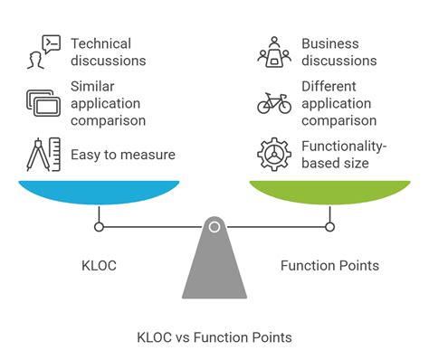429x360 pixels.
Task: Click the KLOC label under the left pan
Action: click(99, 265)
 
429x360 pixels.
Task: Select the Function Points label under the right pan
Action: click(329, 265)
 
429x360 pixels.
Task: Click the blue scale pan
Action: click(99, 191)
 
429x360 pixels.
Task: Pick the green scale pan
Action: click(329, 191)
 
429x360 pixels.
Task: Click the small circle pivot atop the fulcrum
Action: click(214, 226)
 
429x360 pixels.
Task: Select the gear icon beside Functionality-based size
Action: click(274, 154)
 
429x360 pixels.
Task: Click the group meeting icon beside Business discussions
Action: click(274, 52)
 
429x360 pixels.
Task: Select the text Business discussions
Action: click(338, 52)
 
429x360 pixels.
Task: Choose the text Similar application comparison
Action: click(107, 103)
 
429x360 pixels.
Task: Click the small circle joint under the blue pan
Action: click(99, 226)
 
